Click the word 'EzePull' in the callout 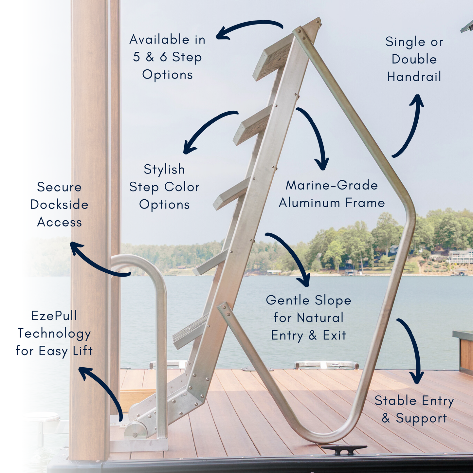click(x=54, y=316)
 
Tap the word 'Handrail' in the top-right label click(x=414, y=77)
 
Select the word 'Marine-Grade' click(x=332, y=185)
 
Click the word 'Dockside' click(x=59, y=205)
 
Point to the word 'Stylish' click(x=164, y=170)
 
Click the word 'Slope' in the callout click(x=333, y=300)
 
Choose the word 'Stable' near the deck click(x=395, y=401)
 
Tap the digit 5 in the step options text click(x=136, y=57)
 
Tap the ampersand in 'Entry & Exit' click(x=313, y=335)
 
